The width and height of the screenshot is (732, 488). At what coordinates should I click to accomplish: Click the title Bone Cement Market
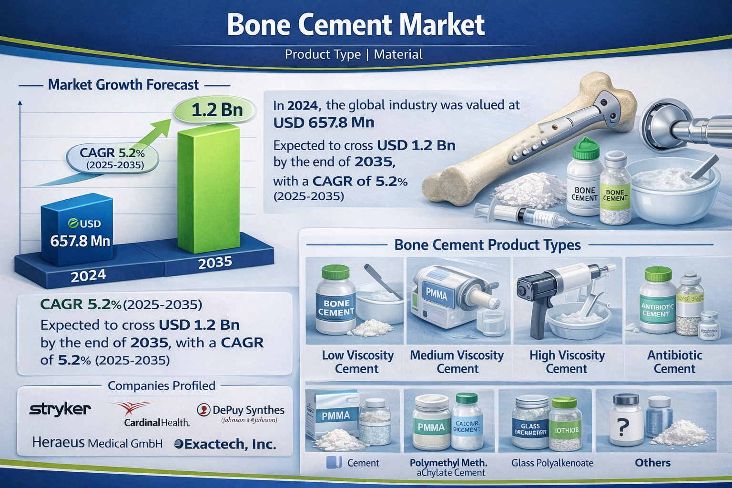click(356, 25)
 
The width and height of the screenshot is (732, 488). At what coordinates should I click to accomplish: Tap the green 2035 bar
click(208, 191)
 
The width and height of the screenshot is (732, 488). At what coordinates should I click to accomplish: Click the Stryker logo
click(60, 409)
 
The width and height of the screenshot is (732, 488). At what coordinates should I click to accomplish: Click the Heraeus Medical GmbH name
click(97, 443)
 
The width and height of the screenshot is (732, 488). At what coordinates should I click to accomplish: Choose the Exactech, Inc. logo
click(225, 444)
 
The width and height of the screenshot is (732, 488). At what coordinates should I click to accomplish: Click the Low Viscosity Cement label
click(357, 362)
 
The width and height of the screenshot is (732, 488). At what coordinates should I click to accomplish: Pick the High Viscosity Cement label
click(567, 362)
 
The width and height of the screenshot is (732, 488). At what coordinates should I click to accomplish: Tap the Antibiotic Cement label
click(674, 362)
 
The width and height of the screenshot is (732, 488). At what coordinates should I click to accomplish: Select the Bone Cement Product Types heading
click(487, 245)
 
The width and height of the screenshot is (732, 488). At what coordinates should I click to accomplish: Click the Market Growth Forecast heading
click(123, 85)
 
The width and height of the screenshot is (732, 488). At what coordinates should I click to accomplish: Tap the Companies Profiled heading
click(161, 386)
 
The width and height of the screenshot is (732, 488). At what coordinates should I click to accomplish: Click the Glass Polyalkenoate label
click(552, 463)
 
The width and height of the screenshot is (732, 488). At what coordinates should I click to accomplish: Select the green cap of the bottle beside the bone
click(585, 149)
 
